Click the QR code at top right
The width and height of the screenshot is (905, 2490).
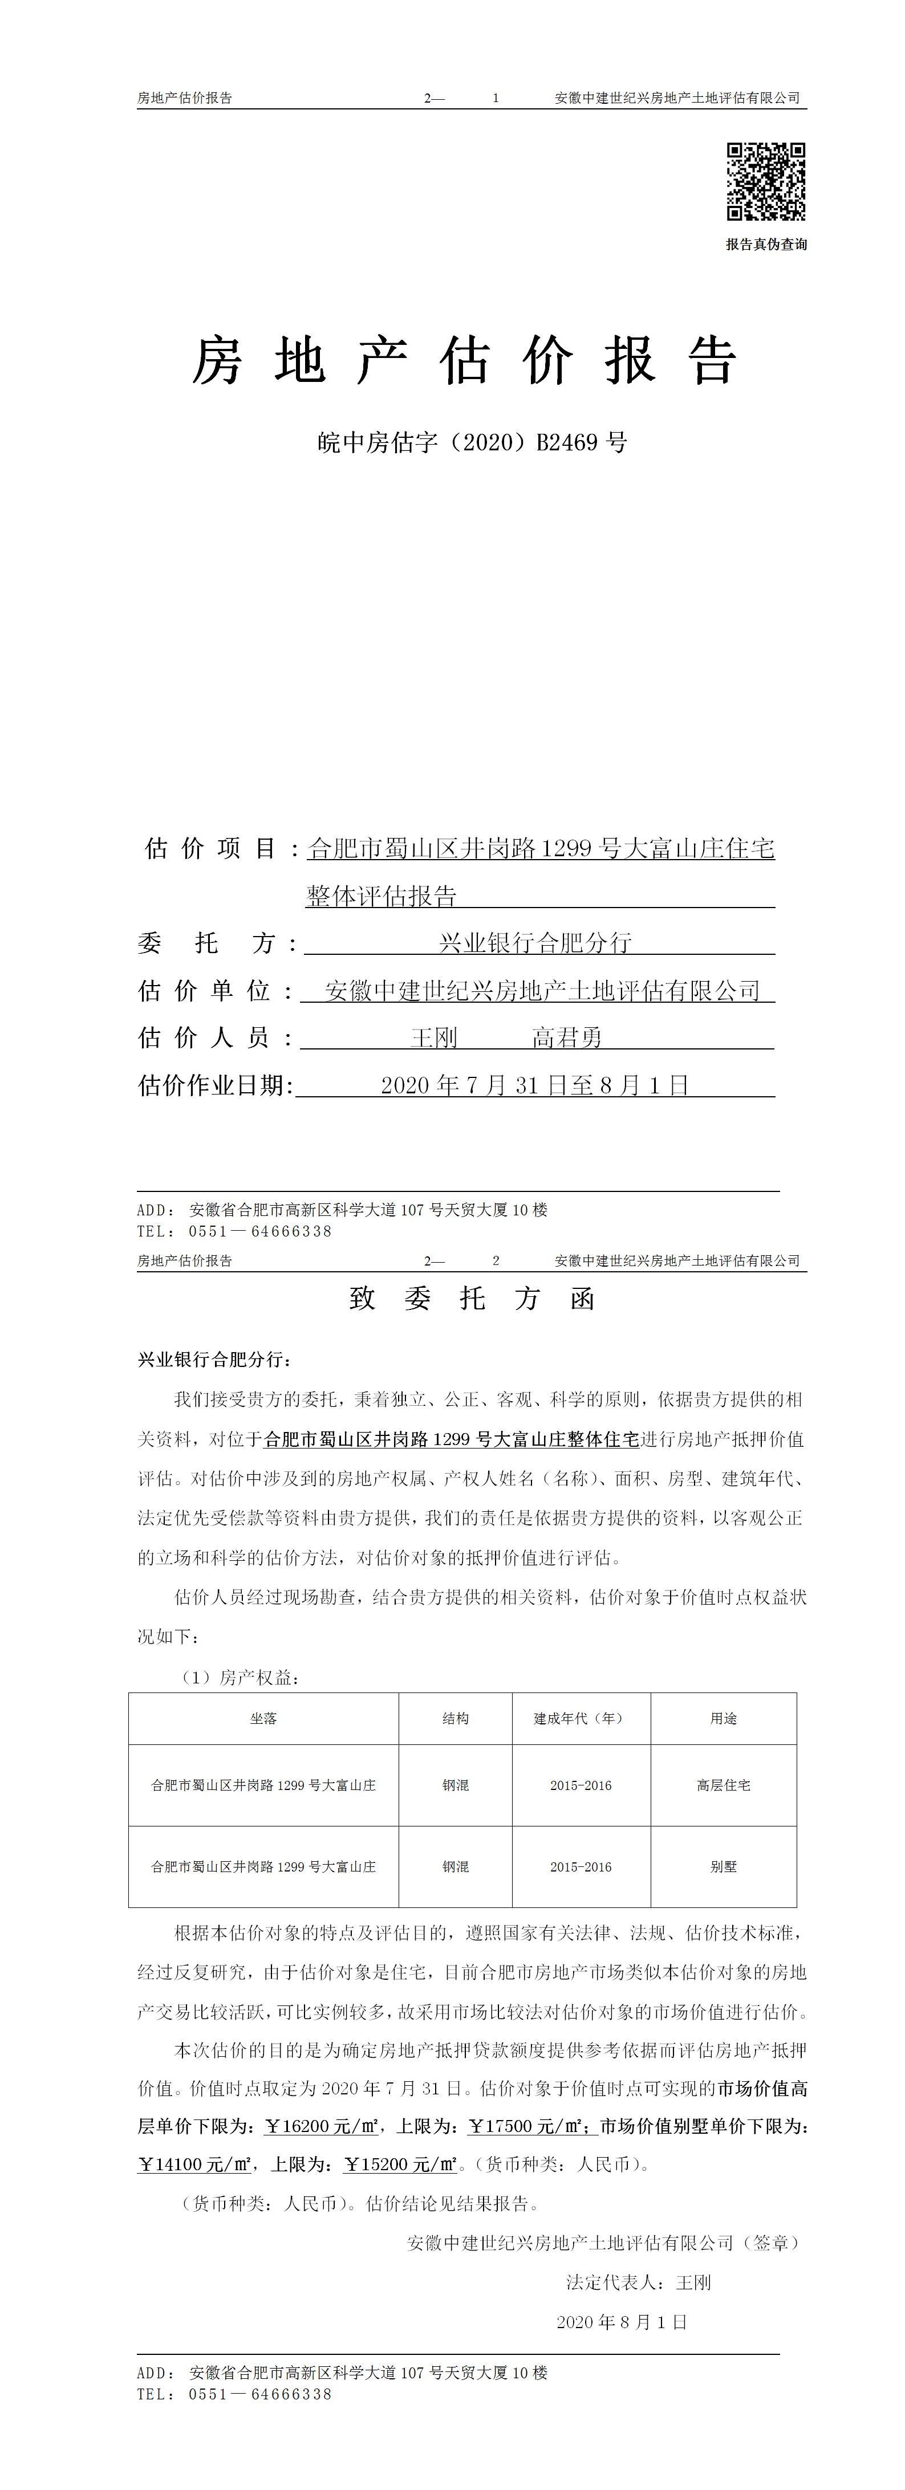pos(766,182)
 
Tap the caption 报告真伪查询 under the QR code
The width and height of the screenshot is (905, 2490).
pos(766,245)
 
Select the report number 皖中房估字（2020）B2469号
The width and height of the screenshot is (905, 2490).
pos(472,443)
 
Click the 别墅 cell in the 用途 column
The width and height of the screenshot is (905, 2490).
pos(723,1866)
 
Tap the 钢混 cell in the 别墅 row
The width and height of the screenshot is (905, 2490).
pos(456,1866)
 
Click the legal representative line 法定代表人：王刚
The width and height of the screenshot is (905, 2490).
pos(638,2282)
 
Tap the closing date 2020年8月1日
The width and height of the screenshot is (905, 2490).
pos(622,2322)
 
